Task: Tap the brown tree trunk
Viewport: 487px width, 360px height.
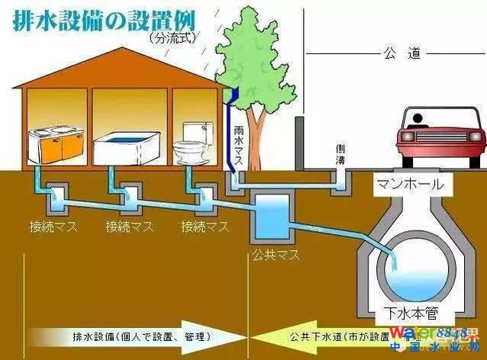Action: pos(257,130)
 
